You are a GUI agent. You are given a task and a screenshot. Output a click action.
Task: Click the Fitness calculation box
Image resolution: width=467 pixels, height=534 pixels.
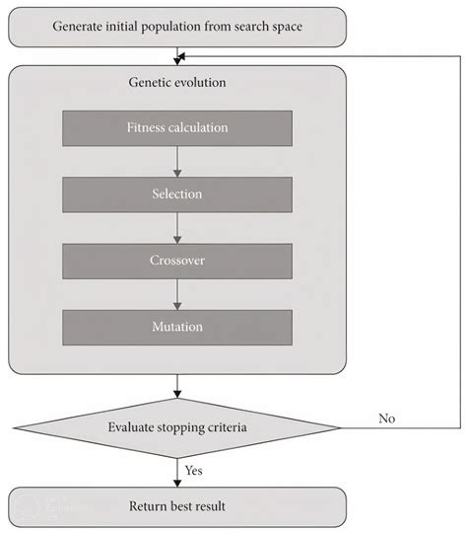[177, 127]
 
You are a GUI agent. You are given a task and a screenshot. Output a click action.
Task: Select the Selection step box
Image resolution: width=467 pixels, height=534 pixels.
[177, 194]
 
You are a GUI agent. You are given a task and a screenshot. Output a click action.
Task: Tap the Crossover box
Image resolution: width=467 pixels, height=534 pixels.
[177, 261]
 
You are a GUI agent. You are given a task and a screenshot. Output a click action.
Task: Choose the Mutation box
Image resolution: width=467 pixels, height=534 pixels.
[177, 327]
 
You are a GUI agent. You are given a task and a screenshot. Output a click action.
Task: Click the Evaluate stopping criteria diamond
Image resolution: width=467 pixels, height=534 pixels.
[177, 427]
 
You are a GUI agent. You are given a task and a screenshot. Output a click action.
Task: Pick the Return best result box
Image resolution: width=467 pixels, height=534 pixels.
[177, 506]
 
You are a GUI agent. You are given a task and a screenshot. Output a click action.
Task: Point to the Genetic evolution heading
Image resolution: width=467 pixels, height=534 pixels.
[177, 83]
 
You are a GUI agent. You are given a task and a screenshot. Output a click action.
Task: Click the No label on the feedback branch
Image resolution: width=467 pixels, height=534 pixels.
[387, 418]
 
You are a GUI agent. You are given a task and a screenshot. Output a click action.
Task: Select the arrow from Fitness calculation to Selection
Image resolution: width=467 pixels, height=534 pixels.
[177, 161]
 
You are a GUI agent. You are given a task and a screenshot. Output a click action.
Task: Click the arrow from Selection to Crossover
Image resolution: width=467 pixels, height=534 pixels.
[177, 227]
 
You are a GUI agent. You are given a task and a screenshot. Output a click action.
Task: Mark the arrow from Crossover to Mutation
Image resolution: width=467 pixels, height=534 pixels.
[177, 294]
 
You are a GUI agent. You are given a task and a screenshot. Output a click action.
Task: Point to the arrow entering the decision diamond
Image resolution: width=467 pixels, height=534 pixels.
[177, 387]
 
